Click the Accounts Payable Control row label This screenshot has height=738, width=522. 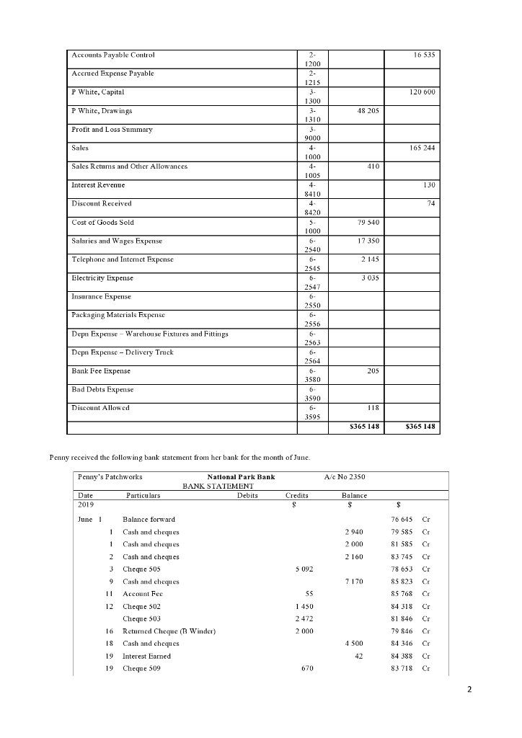(112, 55)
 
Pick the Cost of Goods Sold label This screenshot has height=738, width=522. (102, 222)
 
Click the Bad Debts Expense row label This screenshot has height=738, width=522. (102, 389)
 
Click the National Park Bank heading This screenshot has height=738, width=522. (241, 477)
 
